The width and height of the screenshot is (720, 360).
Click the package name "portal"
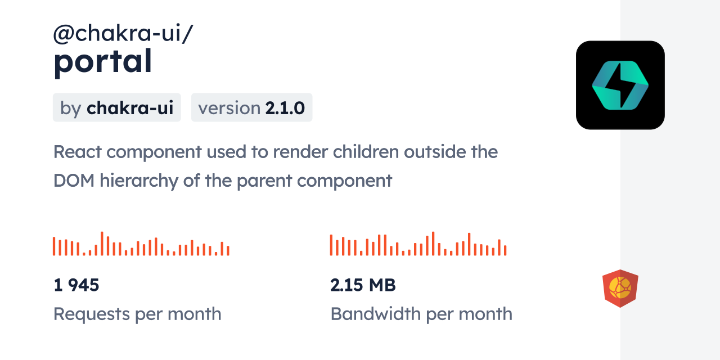(102, 62)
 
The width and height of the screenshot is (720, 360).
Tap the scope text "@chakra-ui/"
(123, 34)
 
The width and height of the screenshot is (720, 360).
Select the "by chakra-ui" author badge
(117, 108)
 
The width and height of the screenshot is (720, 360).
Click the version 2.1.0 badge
(251, 108)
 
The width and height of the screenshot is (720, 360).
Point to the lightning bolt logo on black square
(620, 85)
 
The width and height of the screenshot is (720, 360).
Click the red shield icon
(620, 288)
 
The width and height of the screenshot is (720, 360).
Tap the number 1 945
(76, 285)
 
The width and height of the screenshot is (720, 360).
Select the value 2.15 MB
(363, 285)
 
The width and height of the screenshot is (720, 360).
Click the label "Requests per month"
(137, 314)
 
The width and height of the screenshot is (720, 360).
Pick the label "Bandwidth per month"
(421, 314)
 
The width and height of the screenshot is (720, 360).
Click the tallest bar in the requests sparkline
(102, 244)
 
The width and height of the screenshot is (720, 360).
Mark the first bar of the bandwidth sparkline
(331, 245)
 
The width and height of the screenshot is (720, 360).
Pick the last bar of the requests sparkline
(228, 250)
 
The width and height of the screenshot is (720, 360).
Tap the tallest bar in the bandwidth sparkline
(433, 244)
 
